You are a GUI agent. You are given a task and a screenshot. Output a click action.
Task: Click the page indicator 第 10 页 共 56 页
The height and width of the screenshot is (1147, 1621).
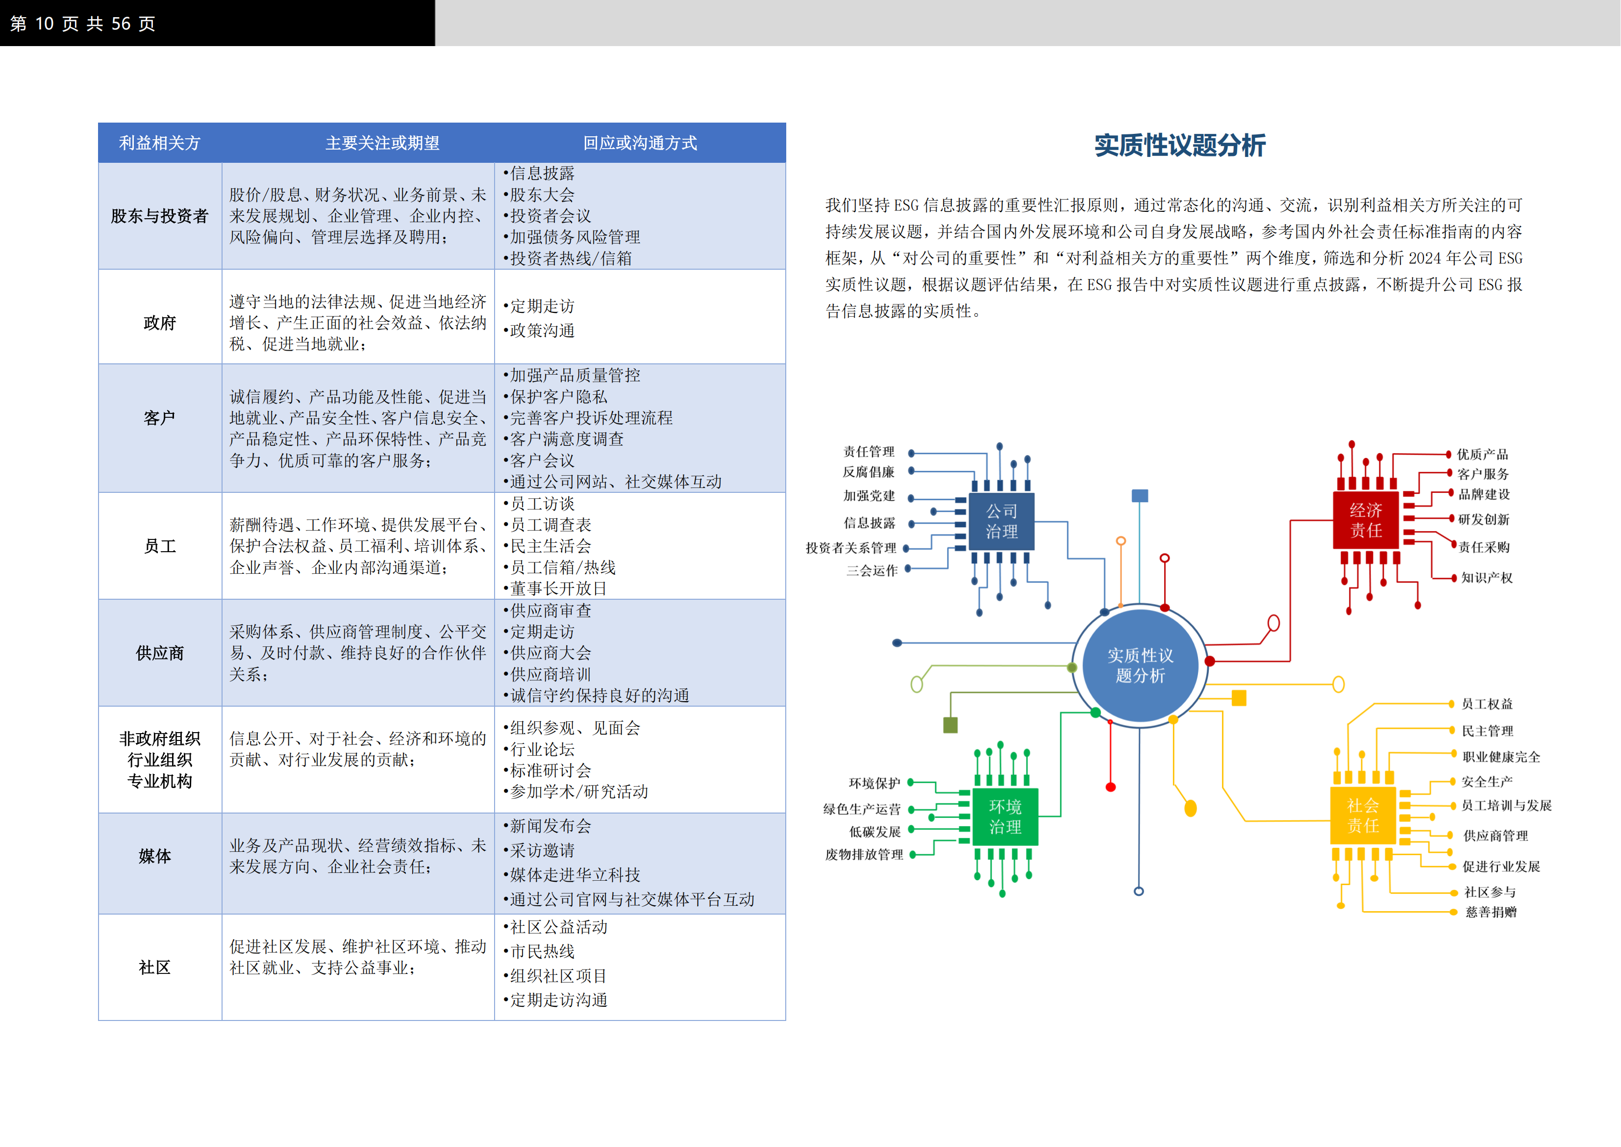[83, 24]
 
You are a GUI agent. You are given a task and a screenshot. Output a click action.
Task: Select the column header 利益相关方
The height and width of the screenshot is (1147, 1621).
[160, 143]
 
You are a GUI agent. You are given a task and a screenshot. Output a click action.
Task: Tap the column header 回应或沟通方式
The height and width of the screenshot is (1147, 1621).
[640, 143]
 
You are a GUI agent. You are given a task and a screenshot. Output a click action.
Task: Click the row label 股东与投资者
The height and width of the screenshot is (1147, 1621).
[160, 216]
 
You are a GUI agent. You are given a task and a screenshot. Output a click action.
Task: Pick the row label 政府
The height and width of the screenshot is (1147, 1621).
[160, 323]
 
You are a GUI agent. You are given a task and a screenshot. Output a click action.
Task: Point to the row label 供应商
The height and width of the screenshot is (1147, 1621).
[160, 653]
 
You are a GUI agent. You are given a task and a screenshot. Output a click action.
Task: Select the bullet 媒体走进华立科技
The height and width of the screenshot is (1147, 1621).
[572, 875]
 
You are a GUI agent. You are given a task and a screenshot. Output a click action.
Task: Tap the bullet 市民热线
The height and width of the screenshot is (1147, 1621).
[539, 951]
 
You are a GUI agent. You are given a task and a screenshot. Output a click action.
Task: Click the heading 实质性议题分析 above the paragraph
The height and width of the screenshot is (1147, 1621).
[1180, 146]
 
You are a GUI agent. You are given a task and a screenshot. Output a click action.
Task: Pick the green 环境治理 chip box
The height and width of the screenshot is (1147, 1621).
[1005, 816]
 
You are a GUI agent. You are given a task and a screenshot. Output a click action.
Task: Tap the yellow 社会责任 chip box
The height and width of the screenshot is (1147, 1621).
[1363, 816]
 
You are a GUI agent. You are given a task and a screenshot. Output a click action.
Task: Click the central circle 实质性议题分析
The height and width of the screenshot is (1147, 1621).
[1140, 665]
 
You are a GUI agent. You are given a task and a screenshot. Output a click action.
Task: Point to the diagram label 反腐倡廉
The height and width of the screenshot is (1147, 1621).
[869, 472]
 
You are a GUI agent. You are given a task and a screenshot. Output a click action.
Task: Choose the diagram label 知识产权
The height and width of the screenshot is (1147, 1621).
[1487, 578]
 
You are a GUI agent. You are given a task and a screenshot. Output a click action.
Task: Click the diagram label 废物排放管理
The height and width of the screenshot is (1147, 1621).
[864, 855]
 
